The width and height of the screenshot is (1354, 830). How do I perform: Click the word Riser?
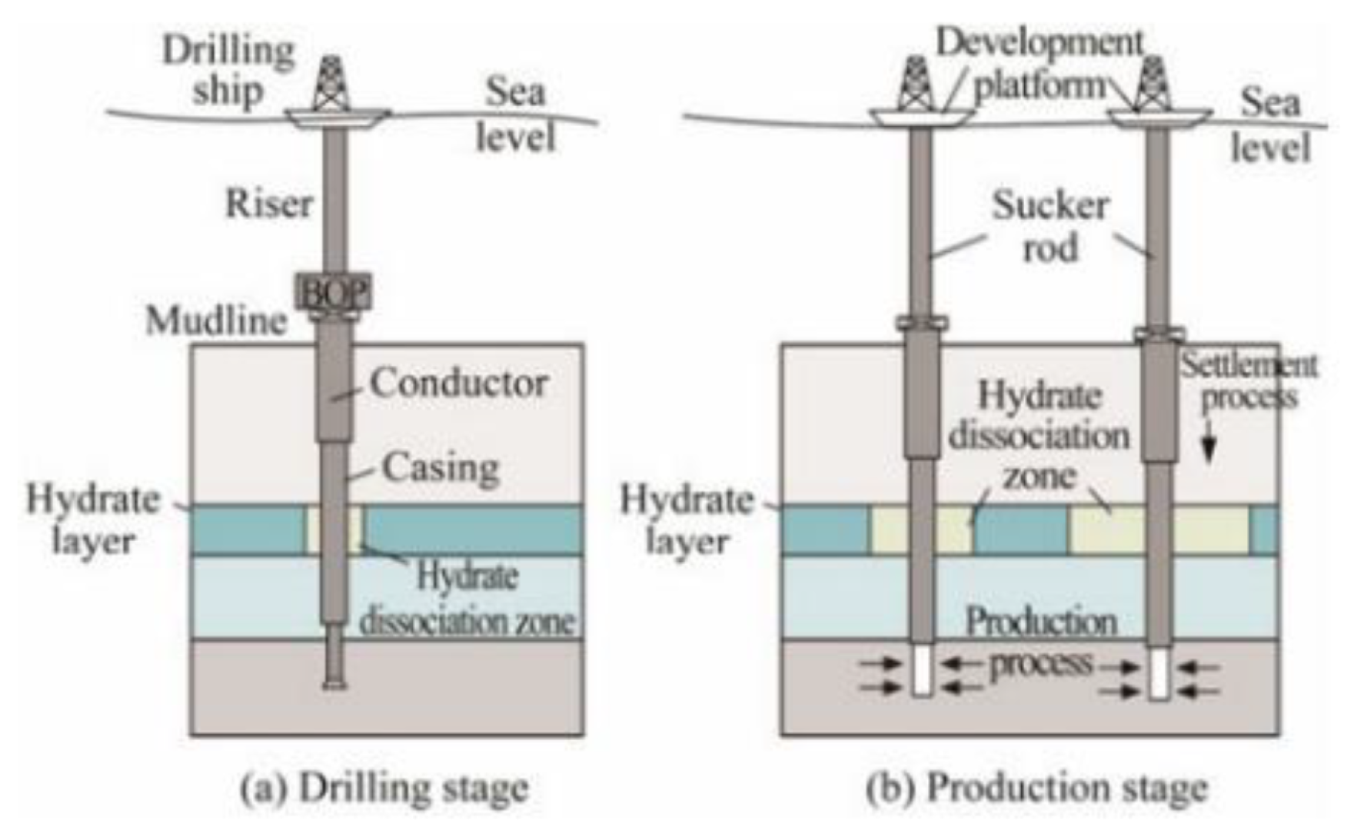coord(269,204)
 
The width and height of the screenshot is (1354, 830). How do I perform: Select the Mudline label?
coord(217,320)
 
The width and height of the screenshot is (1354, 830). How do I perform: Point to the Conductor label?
coord(459,383)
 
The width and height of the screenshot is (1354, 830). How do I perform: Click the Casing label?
coord(441,467)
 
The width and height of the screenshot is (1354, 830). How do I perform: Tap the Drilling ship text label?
coord(228,71)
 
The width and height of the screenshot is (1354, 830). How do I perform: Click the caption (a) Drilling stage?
coord(385,788)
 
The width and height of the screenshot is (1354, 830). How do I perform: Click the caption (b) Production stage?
coord(1037,788)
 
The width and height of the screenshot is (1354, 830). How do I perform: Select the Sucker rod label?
coord(1050,226)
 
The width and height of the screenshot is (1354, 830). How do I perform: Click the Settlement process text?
coord(1249,380)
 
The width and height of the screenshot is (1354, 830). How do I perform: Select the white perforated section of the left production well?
coord(923,670)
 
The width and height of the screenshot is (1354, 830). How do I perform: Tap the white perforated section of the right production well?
coord(1159,673)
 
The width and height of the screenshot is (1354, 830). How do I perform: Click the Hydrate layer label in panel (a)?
coord(93,520)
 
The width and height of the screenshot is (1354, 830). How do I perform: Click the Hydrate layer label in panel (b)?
coord(687,520)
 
